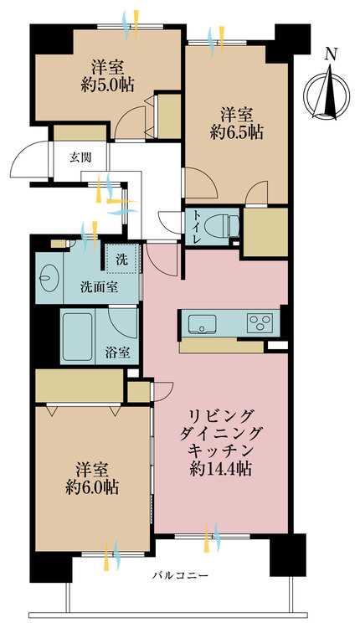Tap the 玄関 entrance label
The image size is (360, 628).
pos(80,157)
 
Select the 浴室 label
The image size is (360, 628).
pos(118,352)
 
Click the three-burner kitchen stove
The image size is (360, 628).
pos(259,322)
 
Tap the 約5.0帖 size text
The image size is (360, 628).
pos(107,84)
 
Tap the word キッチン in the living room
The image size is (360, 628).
pos(221,451)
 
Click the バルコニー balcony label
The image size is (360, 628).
pos(180,576)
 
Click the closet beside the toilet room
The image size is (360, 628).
pos(264,229)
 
